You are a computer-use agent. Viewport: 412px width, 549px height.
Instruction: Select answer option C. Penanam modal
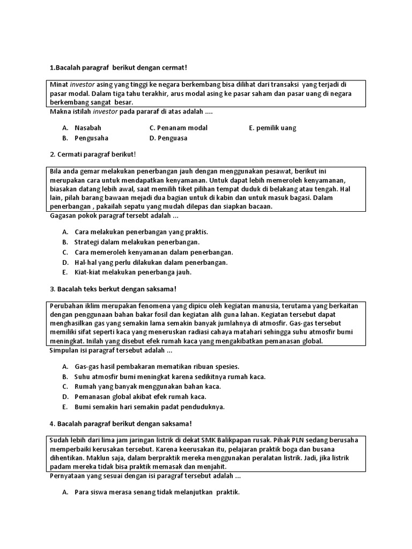pyautogui.click(x=179, y=128)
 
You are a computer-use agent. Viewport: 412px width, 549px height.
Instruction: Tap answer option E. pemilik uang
pyautogui.click(x=273, y=128)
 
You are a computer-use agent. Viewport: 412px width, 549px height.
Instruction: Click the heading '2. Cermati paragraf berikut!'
pyautogui.click(x=93, y=154)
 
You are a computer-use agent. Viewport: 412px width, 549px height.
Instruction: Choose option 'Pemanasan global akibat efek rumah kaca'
pyautogui.click(x=140, y=397)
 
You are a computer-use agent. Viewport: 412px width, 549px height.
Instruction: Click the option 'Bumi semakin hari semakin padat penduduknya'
pyautogui.click(x=149, y=407)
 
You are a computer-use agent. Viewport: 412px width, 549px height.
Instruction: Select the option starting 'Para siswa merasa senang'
pyautogui.click(x=157, y=492)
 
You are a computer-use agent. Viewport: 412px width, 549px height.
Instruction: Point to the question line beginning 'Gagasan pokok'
pyautogui.click(x=114, y=216)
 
